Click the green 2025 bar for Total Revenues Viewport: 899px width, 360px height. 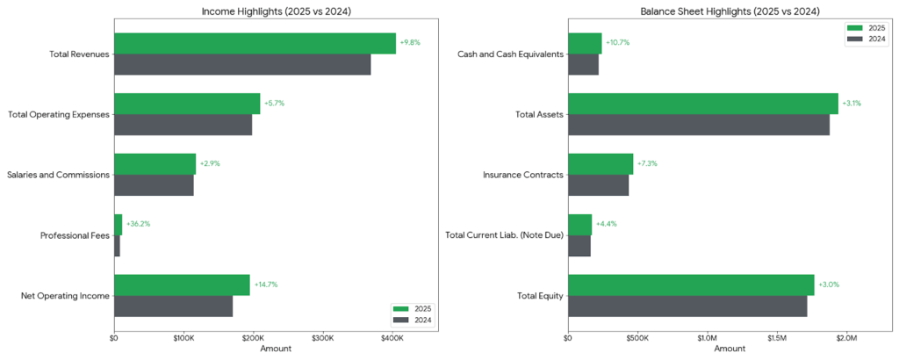coord(255,43)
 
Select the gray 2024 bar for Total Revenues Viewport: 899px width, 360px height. coord(242,64)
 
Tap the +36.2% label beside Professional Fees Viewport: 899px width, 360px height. coord(138,224)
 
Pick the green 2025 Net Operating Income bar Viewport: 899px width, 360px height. coord(182,284)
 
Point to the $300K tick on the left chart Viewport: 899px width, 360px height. coord(323,337)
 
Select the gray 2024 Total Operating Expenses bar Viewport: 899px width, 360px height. coord(183,125)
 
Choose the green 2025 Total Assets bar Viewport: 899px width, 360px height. coord(703,104)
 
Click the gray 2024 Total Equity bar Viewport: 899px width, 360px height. coord(687,306)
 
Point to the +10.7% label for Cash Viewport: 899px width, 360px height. coord(618,43)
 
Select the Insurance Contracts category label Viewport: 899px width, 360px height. coord(523,175)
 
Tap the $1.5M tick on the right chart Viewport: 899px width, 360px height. coord(776,337)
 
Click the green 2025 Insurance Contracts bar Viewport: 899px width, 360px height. coord(601,164)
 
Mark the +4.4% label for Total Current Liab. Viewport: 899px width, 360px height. coord(608,224)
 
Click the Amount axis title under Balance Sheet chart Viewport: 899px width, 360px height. coord(729,349)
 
